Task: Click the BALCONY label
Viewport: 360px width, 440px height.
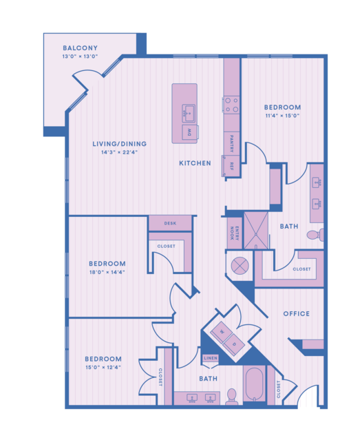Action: click(x=80, y=48)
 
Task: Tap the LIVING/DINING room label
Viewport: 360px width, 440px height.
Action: click(x=120, y=144)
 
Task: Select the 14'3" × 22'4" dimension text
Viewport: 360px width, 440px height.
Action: click(x=120, y=152)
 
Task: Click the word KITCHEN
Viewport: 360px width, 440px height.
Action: click(x=195, y=163)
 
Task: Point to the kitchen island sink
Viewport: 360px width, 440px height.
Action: click(x=189, y=113)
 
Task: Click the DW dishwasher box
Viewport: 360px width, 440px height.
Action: click(x=190, y=132)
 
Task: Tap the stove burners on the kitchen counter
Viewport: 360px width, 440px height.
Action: click(x=232, y=105)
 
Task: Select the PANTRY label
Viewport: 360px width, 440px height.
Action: click(x=232, y=143)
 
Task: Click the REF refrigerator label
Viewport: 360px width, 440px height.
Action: click(x=232, y=166)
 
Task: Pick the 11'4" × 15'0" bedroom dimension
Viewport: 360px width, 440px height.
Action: click(x=282, y=116)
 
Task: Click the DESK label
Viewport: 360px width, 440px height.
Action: click(x=170, y=223)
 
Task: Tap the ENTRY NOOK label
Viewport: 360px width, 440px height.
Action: click(x=235, y=233)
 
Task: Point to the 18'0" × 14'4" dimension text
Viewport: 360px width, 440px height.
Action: click(x=107, y=272)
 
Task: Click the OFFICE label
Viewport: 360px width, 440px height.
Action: click(x=297, y=314)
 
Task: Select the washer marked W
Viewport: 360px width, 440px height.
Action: click(x=222, y=333)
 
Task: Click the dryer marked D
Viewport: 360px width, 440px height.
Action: click(x=234, y=344)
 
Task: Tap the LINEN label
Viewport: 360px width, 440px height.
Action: click(x=211, y=358)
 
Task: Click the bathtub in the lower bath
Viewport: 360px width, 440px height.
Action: click(x=254, y=384)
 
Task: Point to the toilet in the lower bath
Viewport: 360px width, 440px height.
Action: click(x=232, y=397)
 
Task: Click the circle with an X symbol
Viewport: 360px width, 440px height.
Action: click(x=240, y=266)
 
